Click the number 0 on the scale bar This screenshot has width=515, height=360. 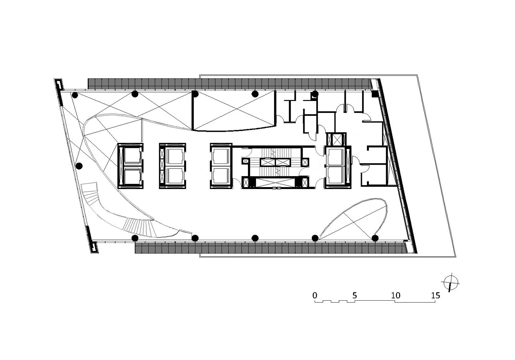(315, 295)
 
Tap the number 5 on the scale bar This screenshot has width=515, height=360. (355, 295)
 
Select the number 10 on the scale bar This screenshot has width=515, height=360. (396, 295)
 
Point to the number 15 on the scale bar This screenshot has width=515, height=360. (435, 295)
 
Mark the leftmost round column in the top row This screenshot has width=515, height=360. (75, 95)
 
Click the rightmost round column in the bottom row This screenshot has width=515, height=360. (375, 238)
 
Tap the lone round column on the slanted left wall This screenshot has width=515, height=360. (79, 166)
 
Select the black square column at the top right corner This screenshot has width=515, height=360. (374, 94)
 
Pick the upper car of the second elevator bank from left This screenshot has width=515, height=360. (175, 156)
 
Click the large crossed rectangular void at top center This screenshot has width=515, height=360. (234, 111)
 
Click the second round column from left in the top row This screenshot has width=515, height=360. (135, 94)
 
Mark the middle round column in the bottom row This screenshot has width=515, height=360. (255, 238)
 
